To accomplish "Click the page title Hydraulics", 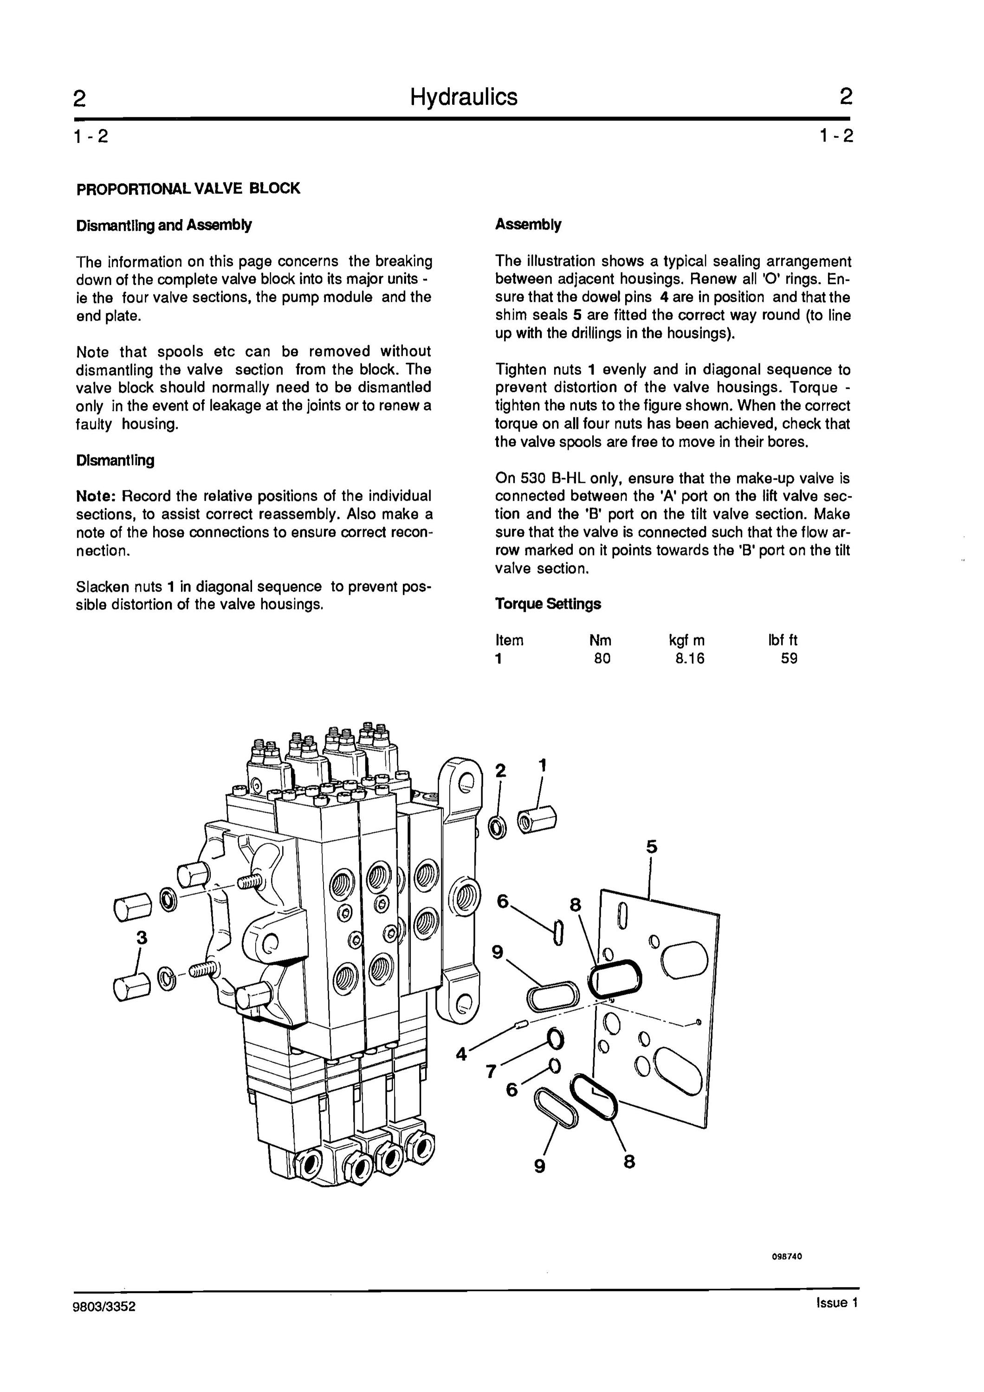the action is point(464,97).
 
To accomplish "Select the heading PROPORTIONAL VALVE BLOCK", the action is point(188,188).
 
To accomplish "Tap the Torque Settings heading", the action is point(548,604).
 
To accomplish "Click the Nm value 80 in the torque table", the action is point(602,658).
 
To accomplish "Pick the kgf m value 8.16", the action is point(690,658).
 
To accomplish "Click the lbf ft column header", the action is point(783,640).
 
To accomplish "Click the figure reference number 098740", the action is point(787,1256).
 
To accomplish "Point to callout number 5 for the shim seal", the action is point(652,846).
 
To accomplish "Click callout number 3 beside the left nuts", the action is point(142,938).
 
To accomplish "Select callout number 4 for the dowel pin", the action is point(462,1054).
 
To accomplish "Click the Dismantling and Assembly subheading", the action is point(164,226).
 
